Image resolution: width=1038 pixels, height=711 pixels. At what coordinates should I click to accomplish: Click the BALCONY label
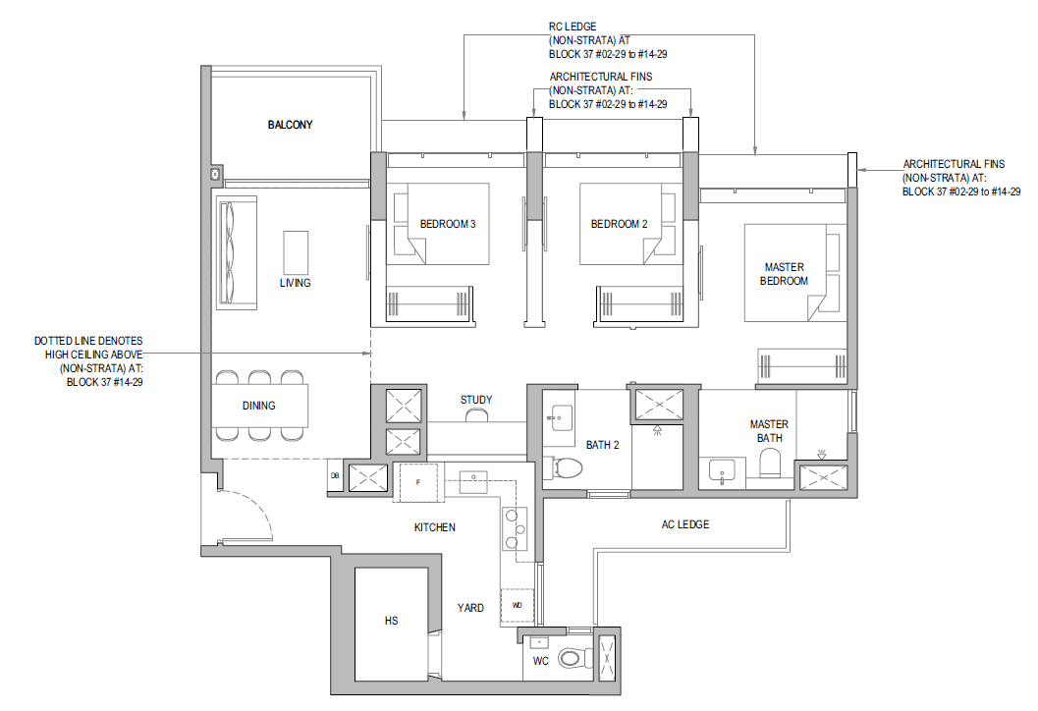click(290, 125)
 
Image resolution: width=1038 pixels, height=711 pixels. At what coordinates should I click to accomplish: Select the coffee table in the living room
click(296, 251)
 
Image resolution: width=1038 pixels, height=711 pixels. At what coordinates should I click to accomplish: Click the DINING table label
click(259, 406)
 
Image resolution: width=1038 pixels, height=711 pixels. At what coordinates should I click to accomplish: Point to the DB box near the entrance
click(334, 476)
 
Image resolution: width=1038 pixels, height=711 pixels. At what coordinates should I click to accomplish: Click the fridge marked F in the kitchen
click(417, 482)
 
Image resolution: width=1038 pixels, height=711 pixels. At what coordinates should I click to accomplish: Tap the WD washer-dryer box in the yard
click(518, 606)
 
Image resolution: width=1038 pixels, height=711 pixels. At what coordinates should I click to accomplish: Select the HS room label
click(391, 621)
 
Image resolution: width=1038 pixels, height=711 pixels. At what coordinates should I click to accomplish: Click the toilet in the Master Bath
click(771, 464)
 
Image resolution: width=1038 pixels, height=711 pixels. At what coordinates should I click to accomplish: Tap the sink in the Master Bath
click(722, 472)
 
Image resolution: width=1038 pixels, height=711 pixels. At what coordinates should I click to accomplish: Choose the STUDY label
click(476, 400)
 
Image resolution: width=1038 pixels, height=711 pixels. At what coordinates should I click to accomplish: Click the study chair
click(476, 415)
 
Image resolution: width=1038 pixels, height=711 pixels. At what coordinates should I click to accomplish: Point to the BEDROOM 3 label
click(448, 224)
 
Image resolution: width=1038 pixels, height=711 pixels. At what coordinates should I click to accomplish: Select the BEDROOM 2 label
click(619, 224)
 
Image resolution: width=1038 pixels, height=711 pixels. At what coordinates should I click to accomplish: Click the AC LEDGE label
click(685, 524)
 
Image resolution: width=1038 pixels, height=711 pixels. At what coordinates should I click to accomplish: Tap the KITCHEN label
click(435, 527)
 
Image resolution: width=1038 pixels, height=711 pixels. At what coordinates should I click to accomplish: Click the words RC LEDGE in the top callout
click(573, 27)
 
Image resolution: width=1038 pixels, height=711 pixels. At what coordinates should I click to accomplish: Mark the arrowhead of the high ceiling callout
click(367, 355)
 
